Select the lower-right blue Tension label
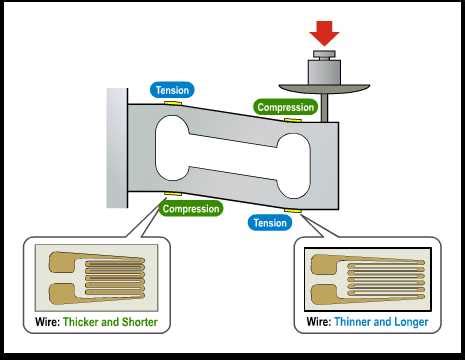pyautogui.click(x=271, y=223)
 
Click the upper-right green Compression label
pyautogui.click(x=287, y=107)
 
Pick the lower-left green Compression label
pyautogui.click(x=190, y=209)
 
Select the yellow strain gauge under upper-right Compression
pyautogui.click(x=293, y=120)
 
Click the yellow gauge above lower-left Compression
pyautogui.click(x=172, y=194)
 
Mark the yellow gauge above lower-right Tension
pyautogui.click(x=293, y=210)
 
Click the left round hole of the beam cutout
pyautogui.click(x=172, y=147)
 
